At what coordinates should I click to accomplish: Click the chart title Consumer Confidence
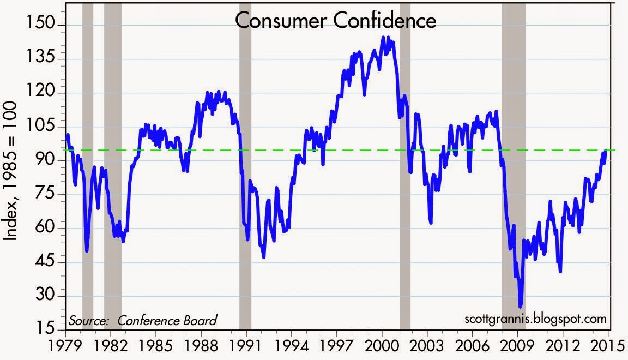(x=336, y=21)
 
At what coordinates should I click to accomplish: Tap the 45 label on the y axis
(x=47, y=262)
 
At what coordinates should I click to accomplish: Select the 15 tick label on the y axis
(x=47, y=330)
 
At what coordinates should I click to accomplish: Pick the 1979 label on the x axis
(x=65, y=346)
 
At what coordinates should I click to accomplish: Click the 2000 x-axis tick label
(x=382, y=346)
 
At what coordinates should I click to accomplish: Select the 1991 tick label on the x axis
(x=246, y=346)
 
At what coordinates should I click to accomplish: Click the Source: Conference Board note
(x=143, y=320)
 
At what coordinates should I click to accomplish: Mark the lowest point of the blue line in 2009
(x=521, y=306)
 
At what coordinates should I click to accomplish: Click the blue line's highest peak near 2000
(x=383, y=38)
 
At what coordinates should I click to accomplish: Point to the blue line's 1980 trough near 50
(x=87, y=250)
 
